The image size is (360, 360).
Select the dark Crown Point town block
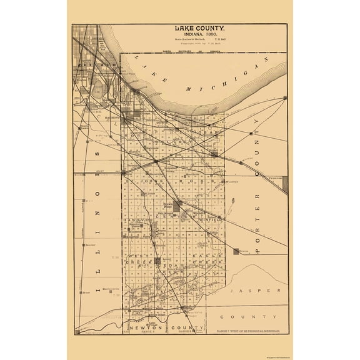coord(177,206)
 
